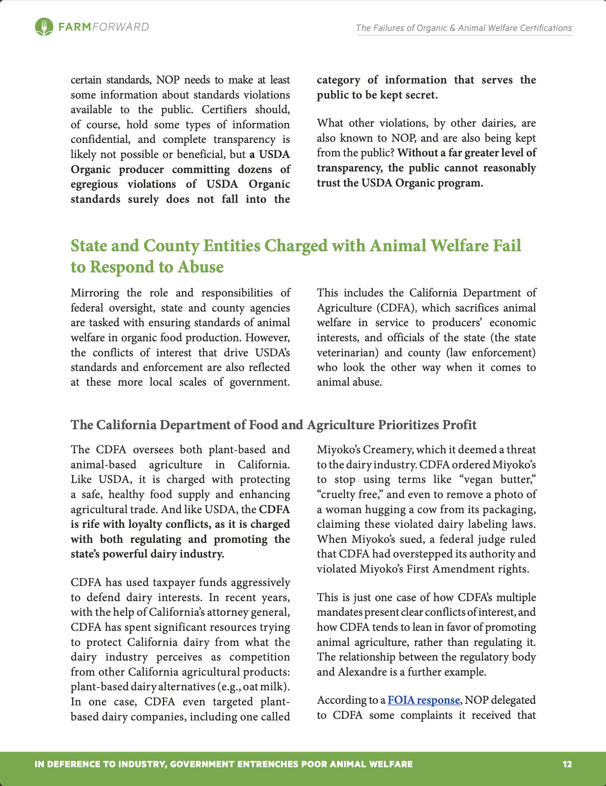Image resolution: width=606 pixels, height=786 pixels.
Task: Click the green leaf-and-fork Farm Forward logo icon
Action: click(x=44, y=27)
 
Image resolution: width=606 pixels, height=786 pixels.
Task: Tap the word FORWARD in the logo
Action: click(x=121, y=27)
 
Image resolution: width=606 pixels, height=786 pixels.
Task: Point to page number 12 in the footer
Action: click(x=567, y=764)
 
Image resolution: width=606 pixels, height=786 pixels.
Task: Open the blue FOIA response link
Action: click(x=424, y=700)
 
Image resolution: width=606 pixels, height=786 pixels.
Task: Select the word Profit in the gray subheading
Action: click(x=459, y=425)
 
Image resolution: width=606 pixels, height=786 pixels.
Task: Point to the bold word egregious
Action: click(x=94, y=184)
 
